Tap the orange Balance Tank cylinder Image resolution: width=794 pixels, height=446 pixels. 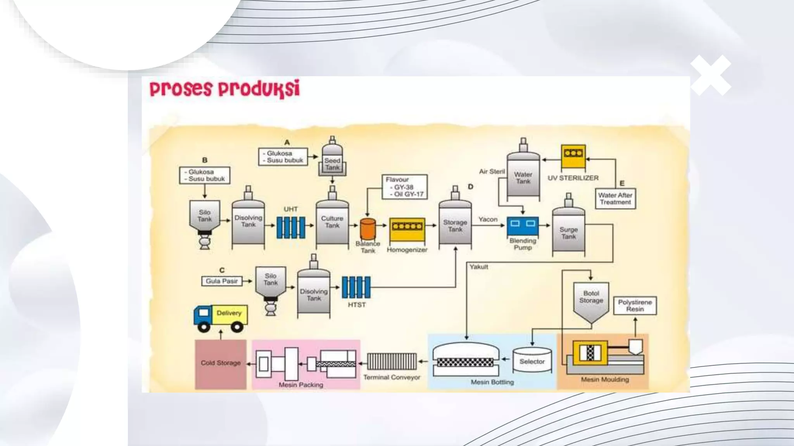[368, 228]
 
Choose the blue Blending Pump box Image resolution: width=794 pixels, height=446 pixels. [523, 226]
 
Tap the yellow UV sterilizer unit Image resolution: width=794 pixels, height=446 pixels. [573, 157]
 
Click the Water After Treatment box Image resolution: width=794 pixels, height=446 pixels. [615, 199]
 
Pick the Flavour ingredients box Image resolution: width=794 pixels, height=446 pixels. [405, 187]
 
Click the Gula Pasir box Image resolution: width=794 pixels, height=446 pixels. [222, 281]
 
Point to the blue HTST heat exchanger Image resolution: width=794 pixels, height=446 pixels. [356, 287]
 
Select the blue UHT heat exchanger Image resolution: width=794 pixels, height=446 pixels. [290, 228]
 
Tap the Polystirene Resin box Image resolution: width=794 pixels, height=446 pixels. [635, 305]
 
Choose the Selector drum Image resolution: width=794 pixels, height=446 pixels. [532, 360]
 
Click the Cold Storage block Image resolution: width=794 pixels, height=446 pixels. [221, 364]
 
